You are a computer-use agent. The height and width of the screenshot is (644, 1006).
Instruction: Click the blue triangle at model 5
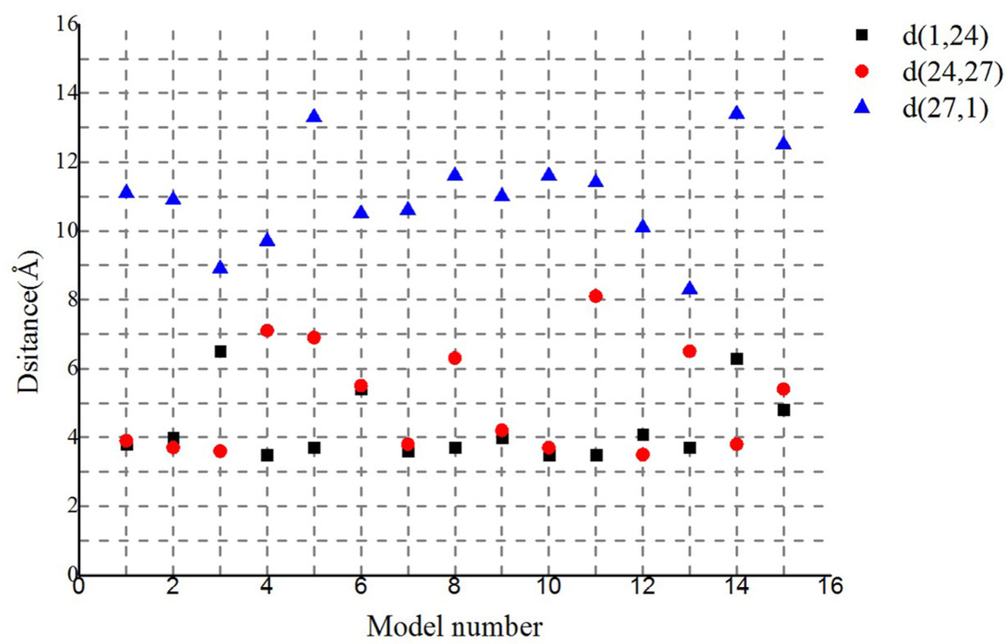coord(314,116)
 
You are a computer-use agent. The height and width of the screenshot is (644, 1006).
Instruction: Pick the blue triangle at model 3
coord(220,268)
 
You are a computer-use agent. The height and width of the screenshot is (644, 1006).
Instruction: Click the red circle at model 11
coord(595,296)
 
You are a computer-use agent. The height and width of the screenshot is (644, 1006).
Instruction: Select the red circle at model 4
coord(267,330)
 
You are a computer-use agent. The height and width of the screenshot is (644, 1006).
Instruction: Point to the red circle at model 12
coord(643,455)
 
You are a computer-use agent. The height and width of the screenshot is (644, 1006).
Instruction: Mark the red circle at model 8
coord(455,358)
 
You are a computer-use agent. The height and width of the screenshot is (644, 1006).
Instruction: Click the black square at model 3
coord(220,352)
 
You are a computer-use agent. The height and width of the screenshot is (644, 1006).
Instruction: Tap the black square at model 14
coord(736,359)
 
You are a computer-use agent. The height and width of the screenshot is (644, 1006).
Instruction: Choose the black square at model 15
coord(783,410)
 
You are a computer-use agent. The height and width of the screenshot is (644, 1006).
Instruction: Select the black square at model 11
coord(596,455)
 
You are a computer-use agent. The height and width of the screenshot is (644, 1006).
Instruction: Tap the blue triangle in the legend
coord(862,108)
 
